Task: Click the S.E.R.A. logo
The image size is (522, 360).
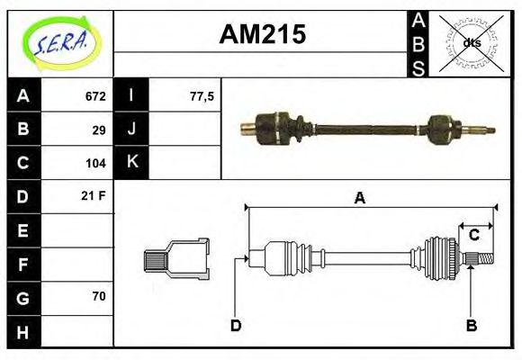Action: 60,41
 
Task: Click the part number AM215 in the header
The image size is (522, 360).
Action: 264,34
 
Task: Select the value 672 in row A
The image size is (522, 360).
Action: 95,96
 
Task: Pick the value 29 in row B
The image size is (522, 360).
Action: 99,130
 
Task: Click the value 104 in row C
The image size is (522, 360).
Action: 95,163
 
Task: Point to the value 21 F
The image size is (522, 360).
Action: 94,195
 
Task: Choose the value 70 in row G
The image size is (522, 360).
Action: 99,295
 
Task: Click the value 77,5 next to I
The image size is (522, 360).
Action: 202,96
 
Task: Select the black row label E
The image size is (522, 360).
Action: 23,230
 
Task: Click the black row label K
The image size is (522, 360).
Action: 132,163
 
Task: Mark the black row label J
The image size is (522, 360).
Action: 132,130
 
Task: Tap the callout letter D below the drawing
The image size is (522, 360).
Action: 236,325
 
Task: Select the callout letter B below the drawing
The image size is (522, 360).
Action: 470,325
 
